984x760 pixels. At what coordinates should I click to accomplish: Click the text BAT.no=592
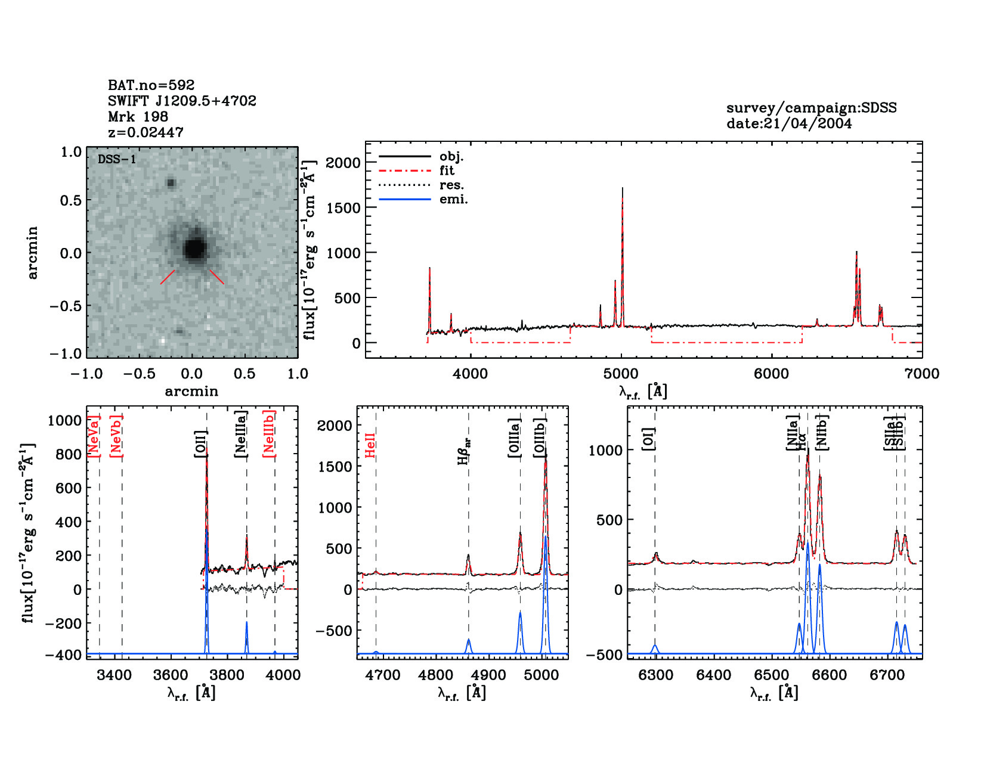151,85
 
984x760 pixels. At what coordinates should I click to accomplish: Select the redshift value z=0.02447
146,132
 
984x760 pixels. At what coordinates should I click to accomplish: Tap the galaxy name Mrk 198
138,117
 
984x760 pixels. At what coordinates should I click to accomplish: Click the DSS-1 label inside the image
116,159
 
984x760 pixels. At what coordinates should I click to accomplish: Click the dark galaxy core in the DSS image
194,248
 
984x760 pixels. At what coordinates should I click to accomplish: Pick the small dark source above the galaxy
171,183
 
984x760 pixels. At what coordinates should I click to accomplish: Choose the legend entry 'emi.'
453,200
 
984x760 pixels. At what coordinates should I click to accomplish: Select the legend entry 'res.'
451,185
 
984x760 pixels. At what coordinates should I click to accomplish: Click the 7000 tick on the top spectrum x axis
921,374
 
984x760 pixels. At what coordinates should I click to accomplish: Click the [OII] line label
200,444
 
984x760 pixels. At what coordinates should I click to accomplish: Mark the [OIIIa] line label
514,438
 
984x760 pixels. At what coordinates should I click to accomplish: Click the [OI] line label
649,439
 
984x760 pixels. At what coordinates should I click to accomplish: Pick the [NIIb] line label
822,432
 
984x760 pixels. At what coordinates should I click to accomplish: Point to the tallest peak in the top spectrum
622,190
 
